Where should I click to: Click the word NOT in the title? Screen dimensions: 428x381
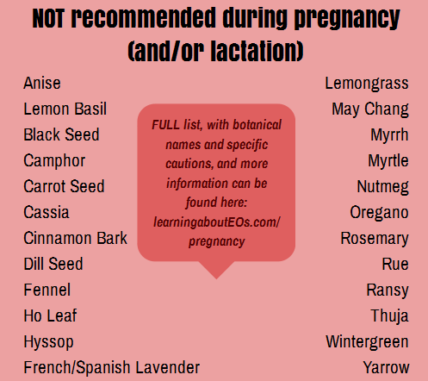[x=47, y=18]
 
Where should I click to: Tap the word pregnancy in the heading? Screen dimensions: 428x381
[x=347, y=19]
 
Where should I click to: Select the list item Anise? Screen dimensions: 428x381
[x=42, y=84]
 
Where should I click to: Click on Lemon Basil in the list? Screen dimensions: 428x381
[x=65, y=109]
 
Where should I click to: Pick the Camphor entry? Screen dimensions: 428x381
[x=54, y=161]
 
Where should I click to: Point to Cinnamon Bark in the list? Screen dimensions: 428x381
[x=75, y=238]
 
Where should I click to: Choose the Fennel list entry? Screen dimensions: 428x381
[x=47, y=290]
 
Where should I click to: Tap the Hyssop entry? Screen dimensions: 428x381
[x=48, y=342]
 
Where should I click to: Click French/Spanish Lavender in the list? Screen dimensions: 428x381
[x=111, y=368]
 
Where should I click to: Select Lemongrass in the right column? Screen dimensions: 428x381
[x=367, y=84]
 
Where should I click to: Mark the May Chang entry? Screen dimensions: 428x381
[x=370, y=109]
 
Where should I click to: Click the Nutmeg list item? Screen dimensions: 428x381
[x=382, y=187]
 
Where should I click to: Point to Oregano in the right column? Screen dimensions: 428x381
[x=379, y=213]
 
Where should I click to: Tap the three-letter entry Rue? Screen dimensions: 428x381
[x=395, y=264]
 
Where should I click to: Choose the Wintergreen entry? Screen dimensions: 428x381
[x=367, y=342]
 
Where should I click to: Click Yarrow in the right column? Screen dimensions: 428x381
[x=386, y=368]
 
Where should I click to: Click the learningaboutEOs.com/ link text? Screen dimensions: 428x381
[x=217, y=222]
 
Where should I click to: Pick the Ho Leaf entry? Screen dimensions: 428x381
[x=50, y=315]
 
